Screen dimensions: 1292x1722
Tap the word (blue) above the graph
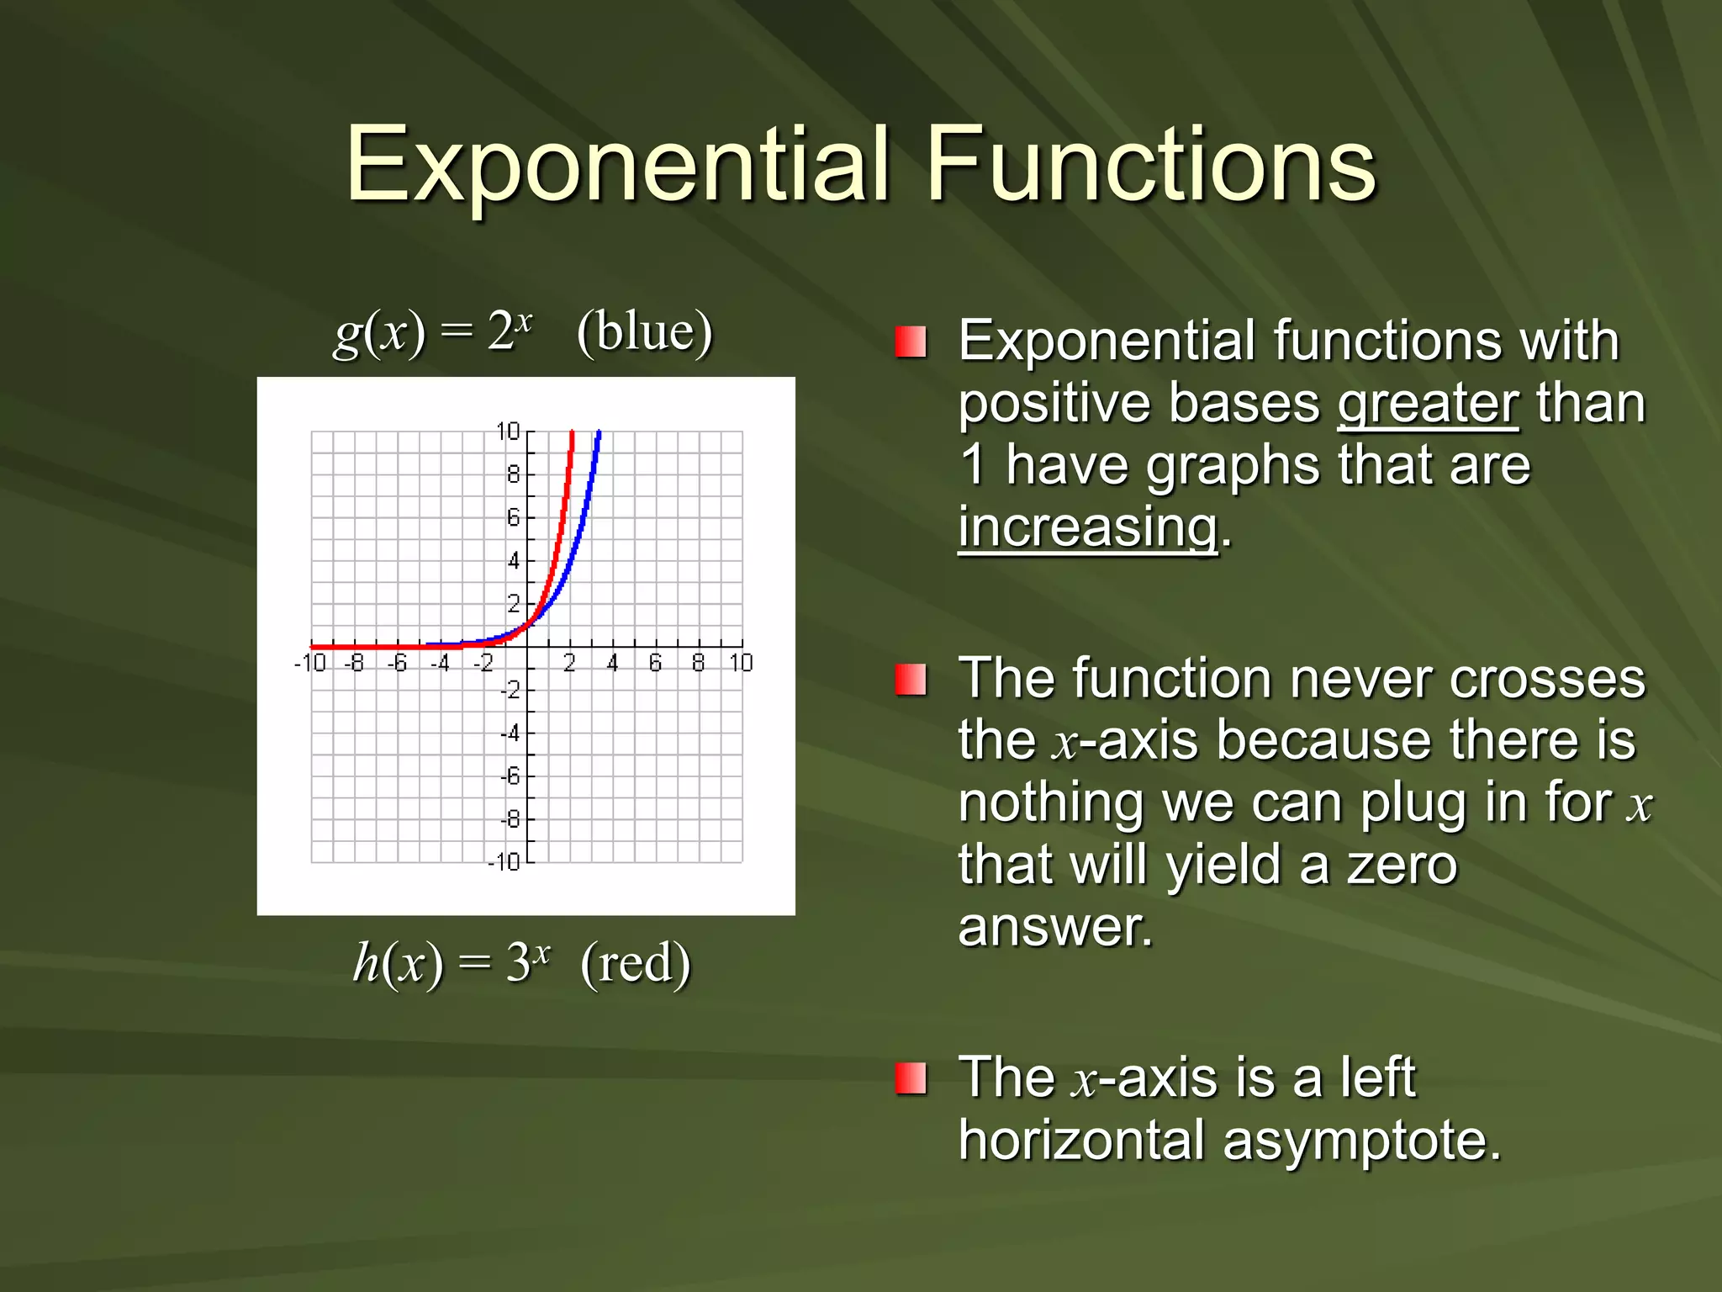(x=645, y=332)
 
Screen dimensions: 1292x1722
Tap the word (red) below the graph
(x=636, y=963)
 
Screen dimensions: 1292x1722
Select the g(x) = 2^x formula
(x=433, y=332)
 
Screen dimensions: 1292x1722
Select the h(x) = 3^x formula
(x=452, y=963)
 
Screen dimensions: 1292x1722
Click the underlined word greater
(x=1428, y=404)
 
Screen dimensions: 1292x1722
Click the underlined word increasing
(x=1088, y=528)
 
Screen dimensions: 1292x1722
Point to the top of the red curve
(x=572, y=435)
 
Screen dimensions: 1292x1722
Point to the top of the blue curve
(x=599, y=435)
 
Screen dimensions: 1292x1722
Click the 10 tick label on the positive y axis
(x=508, y=432)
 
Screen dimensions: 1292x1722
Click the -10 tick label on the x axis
(x=309, y=664)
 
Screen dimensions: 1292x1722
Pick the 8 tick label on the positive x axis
(x=698, y=664)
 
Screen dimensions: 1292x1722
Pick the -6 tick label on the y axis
(x=510, y=776)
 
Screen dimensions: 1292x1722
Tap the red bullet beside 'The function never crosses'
(x=911, y=680)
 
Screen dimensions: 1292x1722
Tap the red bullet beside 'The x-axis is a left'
(x=911, y=1078)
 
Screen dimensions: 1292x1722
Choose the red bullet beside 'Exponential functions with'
(x=911, y=342)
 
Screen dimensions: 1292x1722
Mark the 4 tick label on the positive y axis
(x=513, y=560)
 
